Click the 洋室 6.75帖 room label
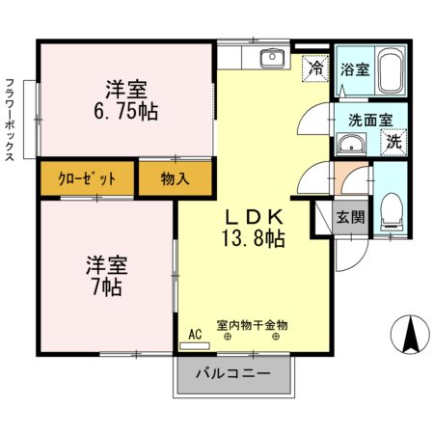tap(126, 99)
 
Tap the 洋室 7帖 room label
tap(105, 275)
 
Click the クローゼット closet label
tap(87, 178)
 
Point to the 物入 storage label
tap(175, 178)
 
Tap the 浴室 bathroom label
tap(354, 69)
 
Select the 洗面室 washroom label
tap(370, 121)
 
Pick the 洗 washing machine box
tap(393, 142)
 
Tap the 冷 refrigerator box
tap(315, 68)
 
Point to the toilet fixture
tap(391, 208)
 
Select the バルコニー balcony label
tap(233, 373)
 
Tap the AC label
tap(195, 334)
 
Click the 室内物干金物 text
tap(252, 326)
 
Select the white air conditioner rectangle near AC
tap(194, 345)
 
